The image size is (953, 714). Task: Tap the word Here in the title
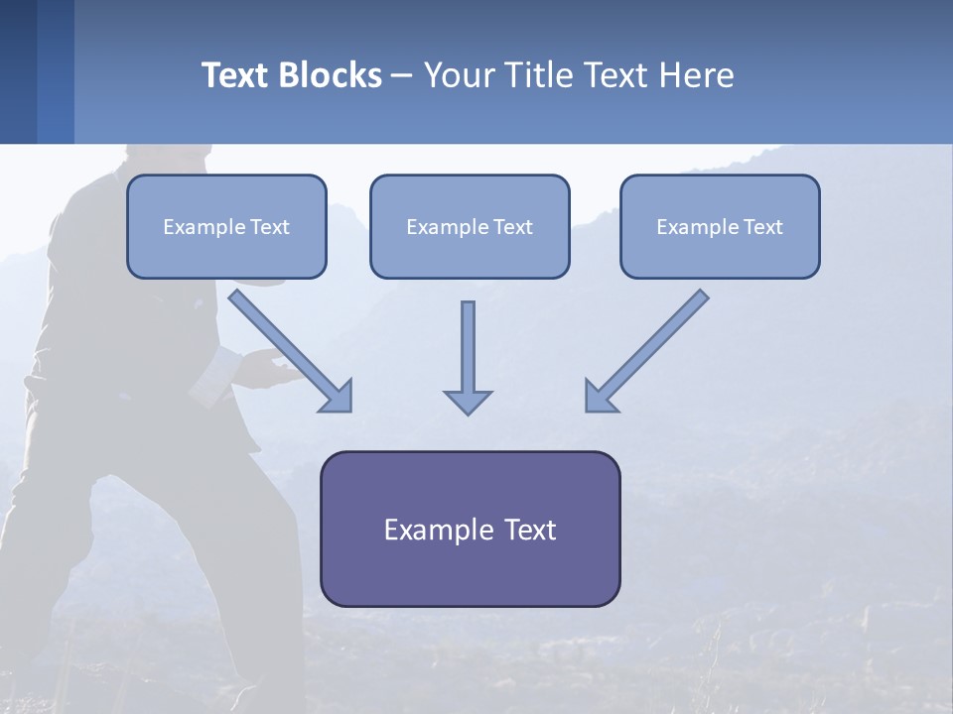698,75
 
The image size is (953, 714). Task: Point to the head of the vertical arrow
468,401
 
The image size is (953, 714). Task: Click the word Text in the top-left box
269,227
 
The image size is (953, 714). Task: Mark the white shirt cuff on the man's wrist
230,362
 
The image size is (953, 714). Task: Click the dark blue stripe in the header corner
18,71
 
